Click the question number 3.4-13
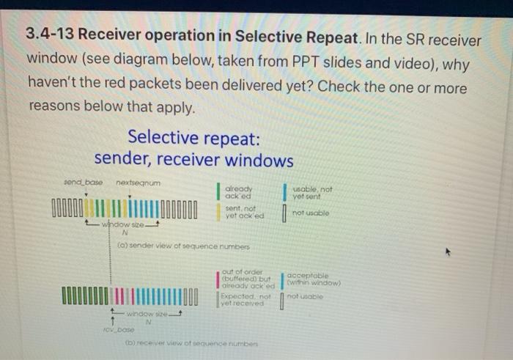pos(49,36)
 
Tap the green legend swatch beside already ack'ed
pos(218,191)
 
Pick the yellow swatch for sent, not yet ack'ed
pos(218,213)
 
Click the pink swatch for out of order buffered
pos(218,279)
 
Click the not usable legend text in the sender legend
pos(310,213)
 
